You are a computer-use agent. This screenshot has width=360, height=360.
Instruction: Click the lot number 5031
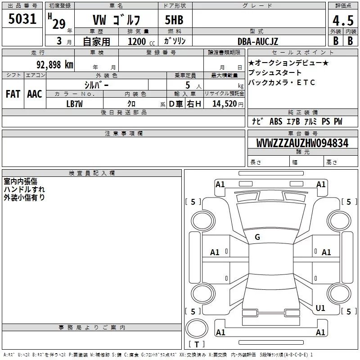point(22,19)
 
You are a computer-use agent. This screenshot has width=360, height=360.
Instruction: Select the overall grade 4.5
point(343,20)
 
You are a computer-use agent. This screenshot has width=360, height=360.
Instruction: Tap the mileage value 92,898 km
point(54,65)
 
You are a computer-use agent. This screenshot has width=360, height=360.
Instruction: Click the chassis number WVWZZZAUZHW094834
point(302,143)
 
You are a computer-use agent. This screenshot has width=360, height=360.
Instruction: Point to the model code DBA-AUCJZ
point(257,41)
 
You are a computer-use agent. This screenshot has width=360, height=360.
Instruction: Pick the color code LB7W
point(74,104)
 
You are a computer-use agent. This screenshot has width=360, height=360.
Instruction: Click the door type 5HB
point(174,20)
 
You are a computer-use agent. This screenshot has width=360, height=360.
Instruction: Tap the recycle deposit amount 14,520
point(225,104)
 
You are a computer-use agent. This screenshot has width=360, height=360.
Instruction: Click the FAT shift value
point(13,94)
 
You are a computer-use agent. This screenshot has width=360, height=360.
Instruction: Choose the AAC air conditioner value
point(35,94)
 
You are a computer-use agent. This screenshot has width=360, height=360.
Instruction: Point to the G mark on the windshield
point(257,237)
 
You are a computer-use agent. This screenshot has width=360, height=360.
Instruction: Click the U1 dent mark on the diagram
point(320,308)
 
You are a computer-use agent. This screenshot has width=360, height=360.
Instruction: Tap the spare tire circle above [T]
point(197,328)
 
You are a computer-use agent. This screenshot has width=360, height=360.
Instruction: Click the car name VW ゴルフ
point(117,20)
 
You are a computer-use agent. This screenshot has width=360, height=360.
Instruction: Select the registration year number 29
point(59,24)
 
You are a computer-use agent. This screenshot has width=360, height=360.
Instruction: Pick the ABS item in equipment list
point(276,121)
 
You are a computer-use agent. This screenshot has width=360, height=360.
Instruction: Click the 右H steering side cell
point(194,104)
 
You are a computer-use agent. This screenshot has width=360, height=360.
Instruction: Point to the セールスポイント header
point(302,53)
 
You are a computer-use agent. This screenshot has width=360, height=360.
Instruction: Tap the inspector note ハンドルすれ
point(24,189)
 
